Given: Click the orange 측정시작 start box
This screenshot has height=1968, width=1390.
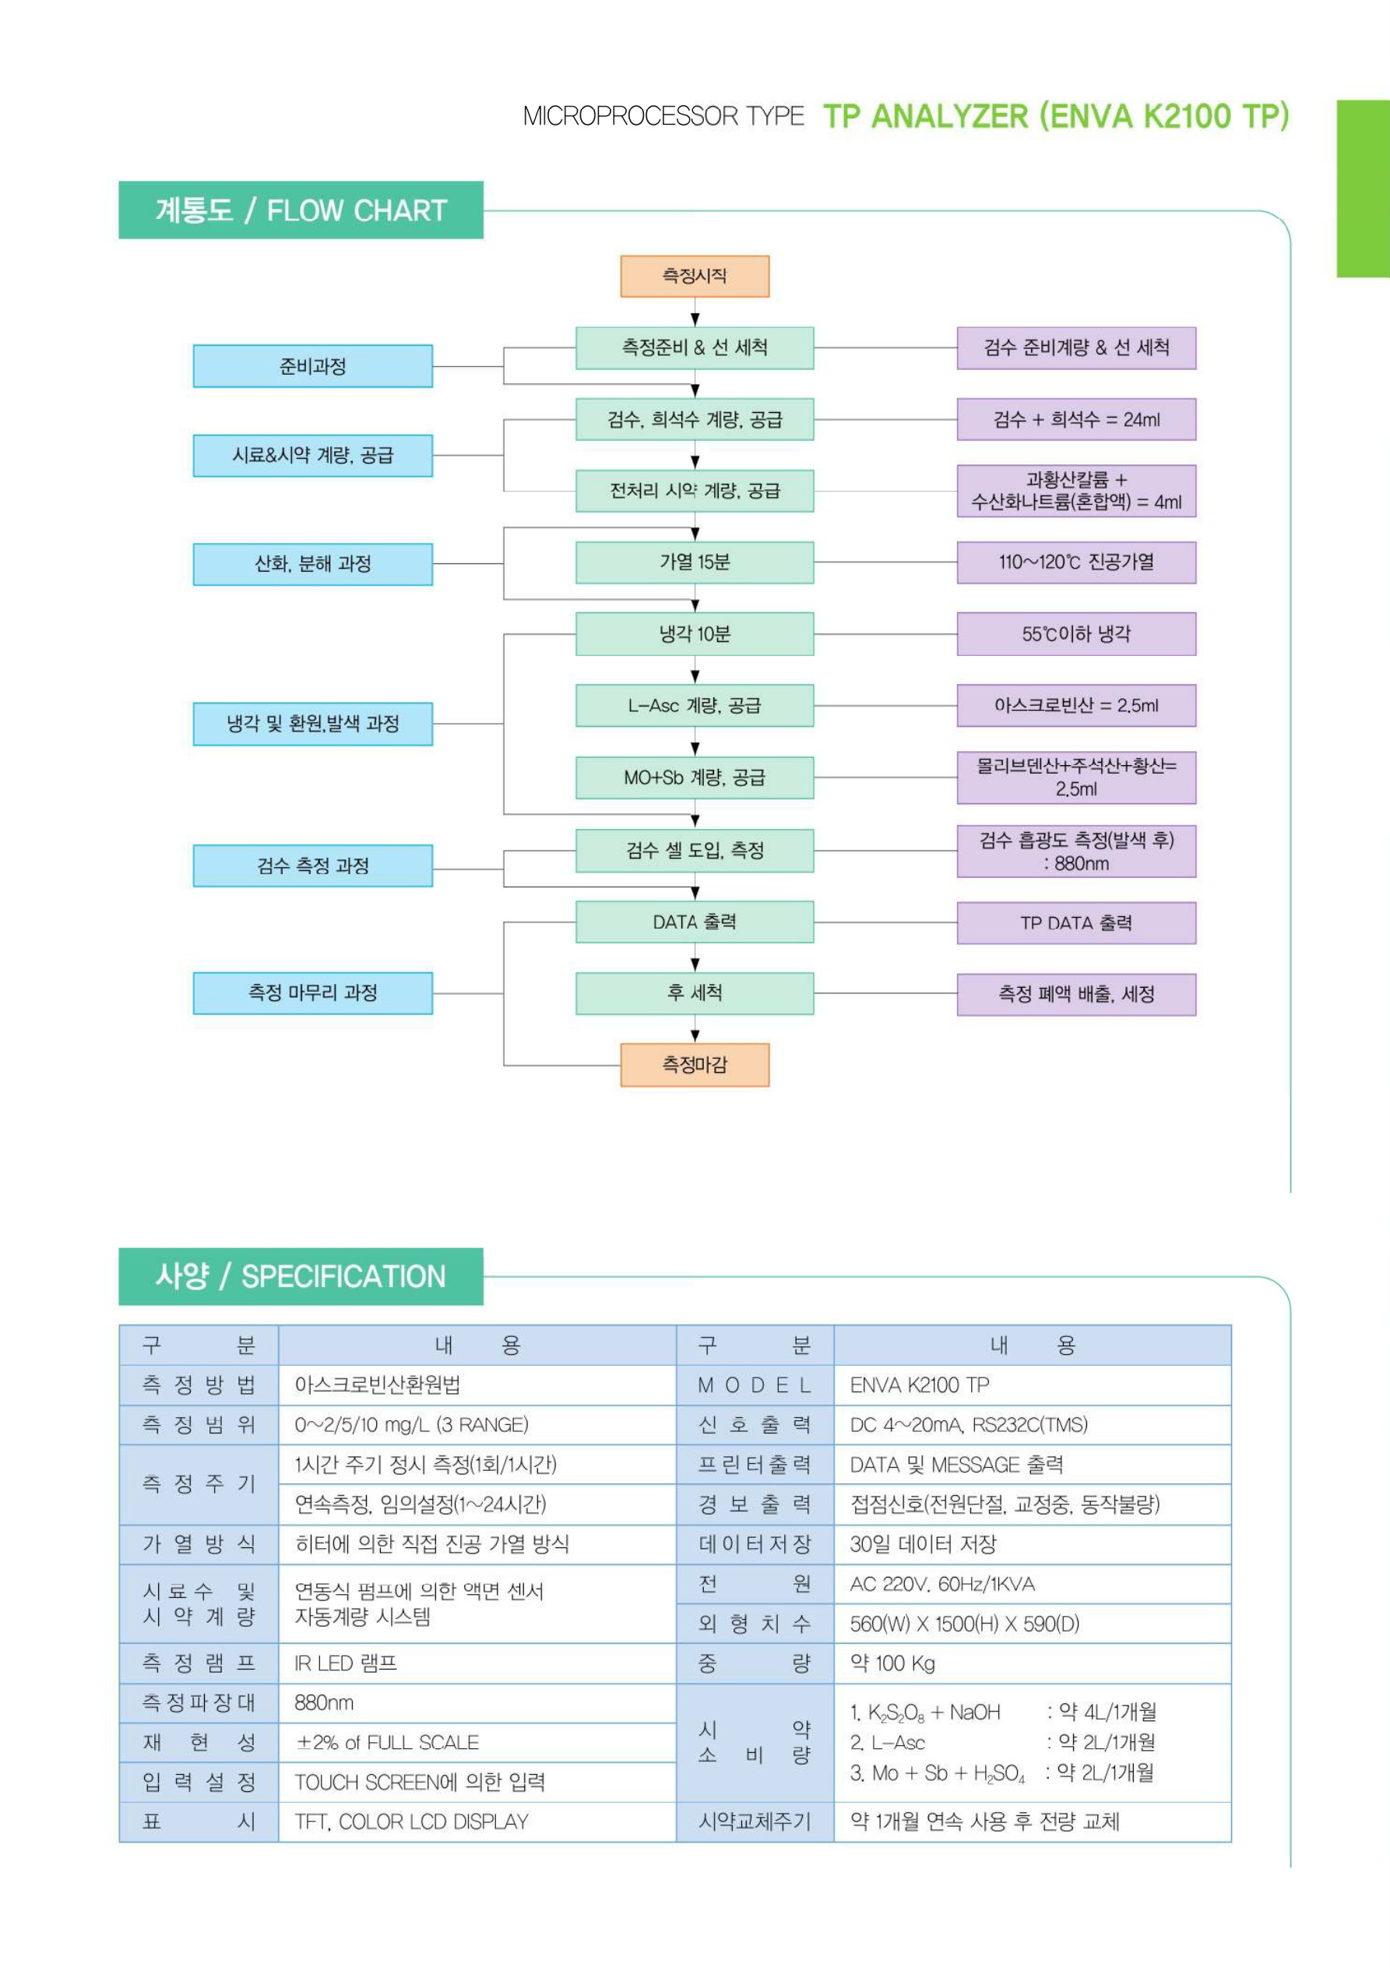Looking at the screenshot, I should coord(694,276).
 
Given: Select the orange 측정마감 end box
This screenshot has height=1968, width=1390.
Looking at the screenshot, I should coord(694,1064).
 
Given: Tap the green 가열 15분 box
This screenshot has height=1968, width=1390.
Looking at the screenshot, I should coord(694,563).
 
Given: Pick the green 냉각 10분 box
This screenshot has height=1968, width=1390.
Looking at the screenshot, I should coord(694,634).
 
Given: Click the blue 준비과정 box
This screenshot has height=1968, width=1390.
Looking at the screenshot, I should coord(313,366).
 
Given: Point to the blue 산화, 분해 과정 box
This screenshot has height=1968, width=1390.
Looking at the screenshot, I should coord(313,564).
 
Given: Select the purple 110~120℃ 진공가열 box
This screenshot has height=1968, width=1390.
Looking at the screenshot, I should coord(1075,563).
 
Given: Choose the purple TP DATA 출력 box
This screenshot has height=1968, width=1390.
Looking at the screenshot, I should coord(1075,923).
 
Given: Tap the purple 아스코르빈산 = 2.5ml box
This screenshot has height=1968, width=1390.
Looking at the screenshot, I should coord(1075,705).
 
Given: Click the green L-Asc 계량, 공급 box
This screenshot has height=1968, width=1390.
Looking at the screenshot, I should coord(694,705).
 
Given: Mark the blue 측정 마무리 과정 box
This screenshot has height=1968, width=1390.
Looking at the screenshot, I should coord(313,993).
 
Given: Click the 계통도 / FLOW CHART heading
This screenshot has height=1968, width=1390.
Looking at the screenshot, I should coord(301,210).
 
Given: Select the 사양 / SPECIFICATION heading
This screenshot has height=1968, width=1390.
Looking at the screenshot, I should coord(301,1276).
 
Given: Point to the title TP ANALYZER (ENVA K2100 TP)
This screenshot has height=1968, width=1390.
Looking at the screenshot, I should coord(1056,117).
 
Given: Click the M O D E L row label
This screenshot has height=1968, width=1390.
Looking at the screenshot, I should coord(754,1385).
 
